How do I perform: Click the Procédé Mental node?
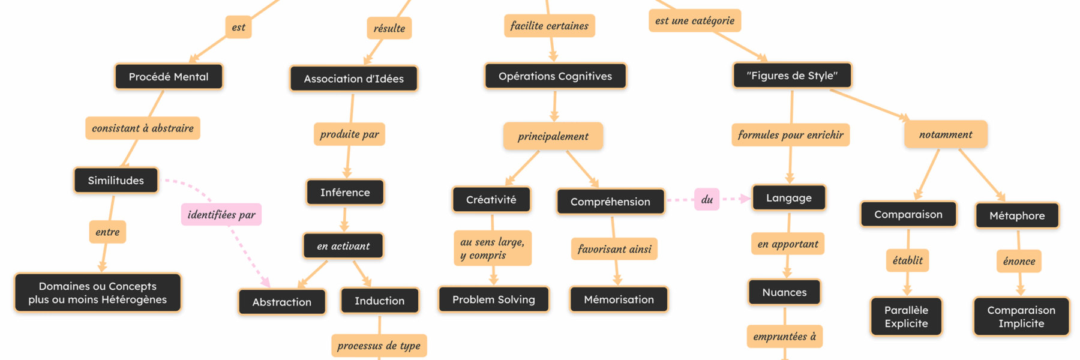click(169, 77)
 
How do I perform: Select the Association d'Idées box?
click(353, 79)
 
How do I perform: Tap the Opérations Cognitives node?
click(555, 76)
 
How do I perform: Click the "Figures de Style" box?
click(792, 76)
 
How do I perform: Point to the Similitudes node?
click(116, 181)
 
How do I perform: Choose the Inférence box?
click(345, 193)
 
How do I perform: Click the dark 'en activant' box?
click(343, 246)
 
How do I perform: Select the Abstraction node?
click(282, 302)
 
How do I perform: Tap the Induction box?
click(379, 301)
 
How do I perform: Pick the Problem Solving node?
click(493, 299)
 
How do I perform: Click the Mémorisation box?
click(619, 299)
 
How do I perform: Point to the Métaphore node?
click(1017, 215)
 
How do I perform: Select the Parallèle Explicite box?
click(906, 317)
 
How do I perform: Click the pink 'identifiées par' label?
click(221, 215)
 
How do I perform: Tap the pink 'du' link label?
click(707, 199)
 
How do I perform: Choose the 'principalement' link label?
click(553, 136)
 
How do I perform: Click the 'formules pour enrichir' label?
click(790, 135)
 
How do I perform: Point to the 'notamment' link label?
click(945, 134)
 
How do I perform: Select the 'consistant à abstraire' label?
click(143, 128)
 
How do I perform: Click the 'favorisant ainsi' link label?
click(614, 249)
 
